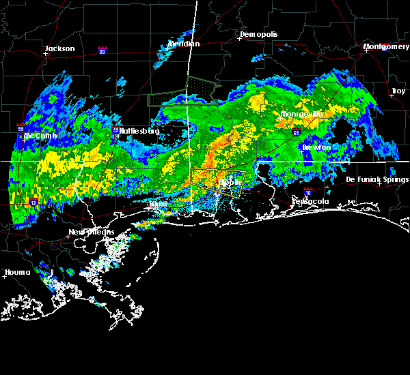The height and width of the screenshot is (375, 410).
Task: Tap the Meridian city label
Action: (184, 44)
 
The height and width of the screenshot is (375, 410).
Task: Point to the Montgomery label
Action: (386, 46)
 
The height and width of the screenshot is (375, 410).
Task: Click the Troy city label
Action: (398, 91)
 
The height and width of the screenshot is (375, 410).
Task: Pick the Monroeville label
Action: (301, 115)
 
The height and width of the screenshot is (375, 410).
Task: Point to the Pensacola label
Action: (311, 202)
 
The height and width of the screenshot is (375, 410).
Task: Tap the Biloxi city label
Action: (158, 204)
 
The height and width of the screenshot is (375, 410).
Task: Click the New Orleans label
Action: (91, 232)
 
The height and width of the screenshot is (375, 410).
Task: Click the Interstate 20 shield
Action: (102, 50)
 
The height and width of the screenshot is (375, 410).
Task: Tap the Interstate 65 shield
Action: (295, 132)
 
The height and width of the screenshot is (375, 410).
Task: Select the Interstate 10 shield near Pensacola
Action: (308, 192)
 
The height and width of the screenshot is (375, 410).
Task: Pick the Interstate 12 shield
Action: (33, 202)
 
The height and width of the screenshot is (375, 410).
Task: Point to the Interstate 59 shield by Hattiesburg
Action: (115, 130)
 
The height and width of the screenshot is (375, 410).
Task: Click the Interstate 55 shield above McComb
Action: (21, 127)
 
